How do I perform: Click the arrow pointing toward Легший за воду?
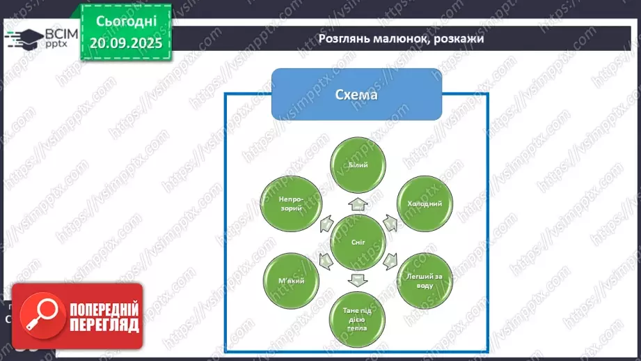click(390, 262)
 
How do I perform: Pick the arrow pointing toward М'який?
click(324, 262)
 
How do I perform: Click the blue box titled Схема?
click(356, 94)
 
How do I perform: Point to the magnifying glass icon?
click(39, 316)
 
